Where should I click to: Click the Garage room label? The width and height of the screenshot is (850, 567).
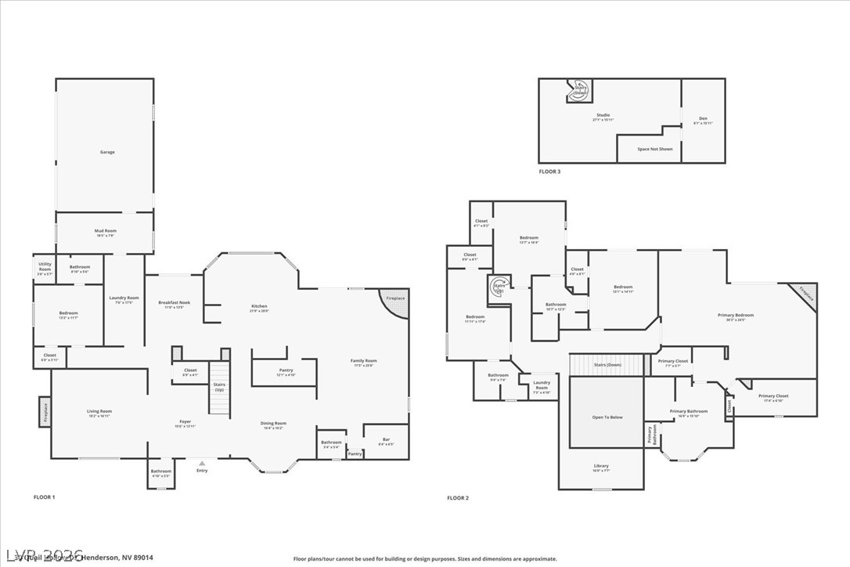[x=107, y=152]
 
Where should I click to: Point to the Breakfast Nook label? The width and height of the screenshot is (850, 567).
[x=174, y=305]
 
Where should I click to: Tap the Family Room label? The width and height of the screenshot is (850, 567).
[x=364, y=363]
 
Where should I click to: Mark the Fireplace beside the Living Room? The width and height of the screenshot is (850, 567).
[x=45, y=411]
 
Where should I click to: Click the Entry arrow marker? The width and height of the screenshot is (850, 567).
[x=202, y=463]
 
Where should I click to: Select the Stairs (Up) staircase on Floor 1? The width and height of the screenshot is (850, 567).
[x=219, y=388]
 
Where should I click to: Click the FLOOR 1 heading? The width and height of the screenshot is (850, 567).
[x=44, y=497]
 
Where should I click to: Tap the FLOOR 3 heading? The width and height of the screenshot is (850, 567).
[x=549, y=171]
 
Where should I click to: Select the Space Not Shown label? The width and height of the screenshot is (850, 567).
[x=654, y=149]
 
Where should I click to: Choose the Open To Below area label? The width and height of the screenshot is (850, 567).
[x=607, y=417]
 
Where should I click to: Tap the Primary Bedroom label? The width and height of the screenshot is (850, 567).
[x=736, y=316]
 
